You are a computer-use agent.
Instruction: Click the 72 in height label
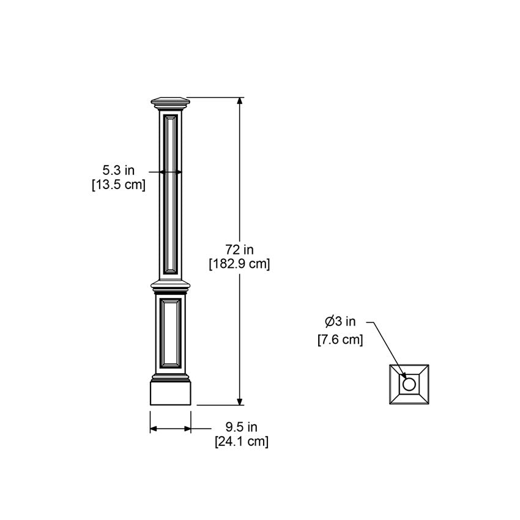[x=239, y=250]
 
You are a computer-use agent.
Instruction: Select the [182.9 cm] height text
[x=239, y=264]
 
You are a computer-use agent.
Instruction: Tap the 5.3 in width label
[x=118, y=170]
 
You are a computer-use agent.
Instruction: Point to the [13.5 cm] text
[x=118, y=185]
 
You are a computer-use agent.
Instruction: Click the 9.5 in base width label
[x=241, y=426]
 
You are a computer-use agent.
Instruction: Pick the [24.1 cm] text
[x=241, y=441]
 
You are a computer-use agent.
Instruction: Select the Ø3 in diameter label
[x=340, y=321]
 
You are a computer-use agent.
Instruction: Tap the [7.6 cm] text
[x=340, y=340]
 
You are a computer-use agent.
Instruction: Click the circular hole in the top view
[x=409, y=384]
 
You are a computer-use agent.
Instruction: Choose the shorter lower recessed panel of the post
[x=171, y=333]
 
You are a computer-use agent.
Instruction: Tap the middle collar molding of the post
[x=171, y=286]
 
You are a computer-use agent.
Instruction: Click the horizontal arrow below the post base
[x=171, y=429]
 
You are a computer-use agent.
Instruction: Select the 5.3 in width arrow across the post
[x=171, y=173]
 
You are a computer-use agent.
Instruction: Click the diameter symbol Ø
[x=329, y=321]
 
